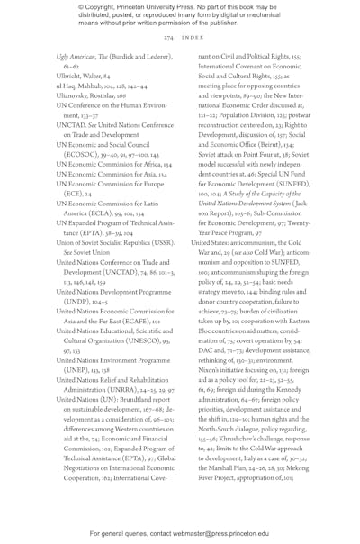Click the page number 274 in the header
click(x=168, y=39)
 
